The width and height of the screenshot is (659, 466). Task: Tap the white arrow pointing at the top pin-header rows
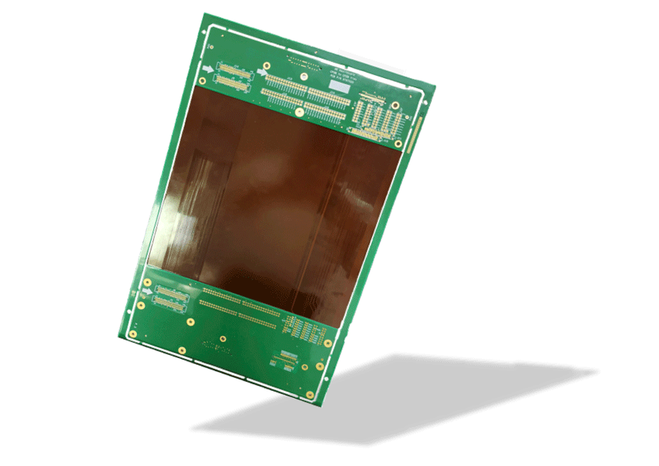(262, 73)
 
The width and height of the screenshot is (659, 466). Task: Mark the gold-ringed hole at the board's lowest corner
(309, 396)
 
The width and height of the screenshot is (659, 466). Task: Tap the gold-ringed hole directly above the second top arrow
(266, 65)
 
